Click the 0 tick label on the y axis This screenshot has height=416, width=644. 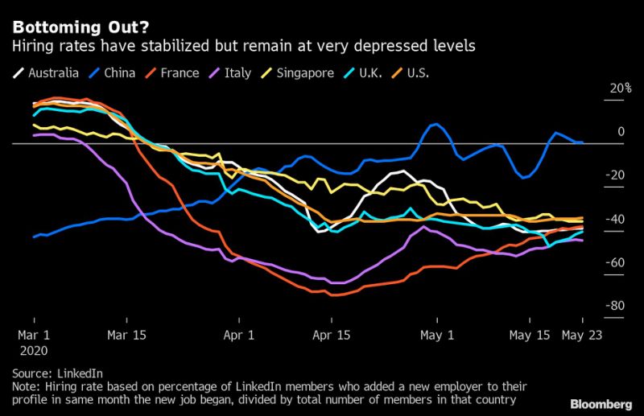621,132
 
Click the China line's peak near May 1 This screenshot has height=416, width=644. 435,125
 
